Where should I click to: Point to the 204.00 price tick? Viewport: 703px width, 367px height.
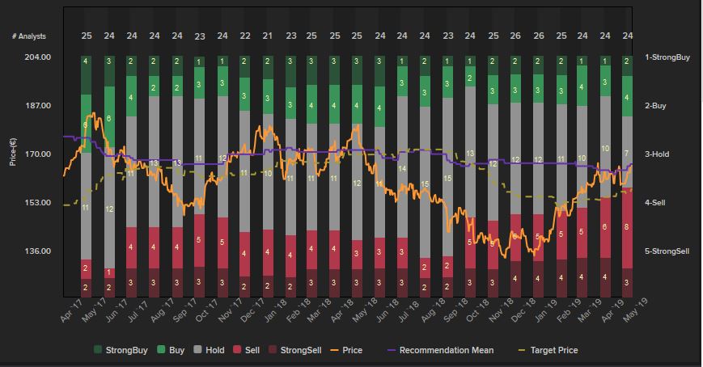[38, 57]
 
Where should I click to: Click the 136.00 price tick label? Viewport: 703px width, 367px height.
[38, 251]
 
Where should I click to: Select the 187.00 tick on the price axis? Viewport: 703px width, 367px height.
[38, 106]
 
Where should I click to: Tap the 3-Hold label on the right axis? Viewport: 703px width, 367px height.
[657, 154]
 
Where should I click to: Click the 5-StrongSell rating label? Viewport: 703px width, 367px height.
[667, 251]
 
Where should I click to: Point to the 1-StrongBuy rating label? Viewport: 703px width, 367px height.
[667, 57]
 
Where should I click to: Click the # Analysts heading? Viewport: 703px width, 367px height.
[29, 36]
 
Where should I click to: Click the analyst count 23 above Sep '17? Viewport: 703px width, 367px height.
[200, 36]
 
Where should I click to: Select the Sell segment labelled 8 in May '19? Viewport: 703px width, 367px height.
[626, 227]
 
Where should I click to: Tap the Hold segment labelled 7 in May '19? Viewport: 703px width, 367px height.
[626, 153]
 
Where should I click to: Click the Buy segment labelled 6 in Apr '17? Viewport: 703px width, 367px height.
[86, 125]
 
